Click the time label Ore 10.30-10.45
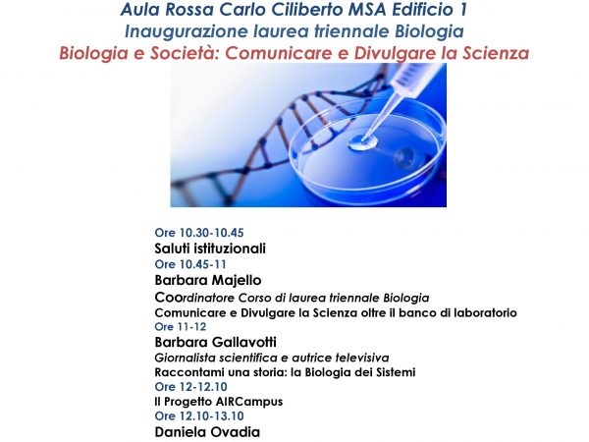199,233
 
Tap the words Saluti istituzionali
210,249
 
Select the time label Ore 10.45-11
190,264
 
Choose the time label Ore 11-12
181,327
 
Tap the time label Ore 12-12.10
191,387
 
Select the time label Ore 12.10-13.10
199,416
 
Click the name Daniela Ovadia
207,432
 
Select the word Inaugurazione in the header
187,31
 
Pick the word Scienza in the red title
496,53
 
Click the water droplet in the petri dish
362,142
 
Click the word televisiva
362,358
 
